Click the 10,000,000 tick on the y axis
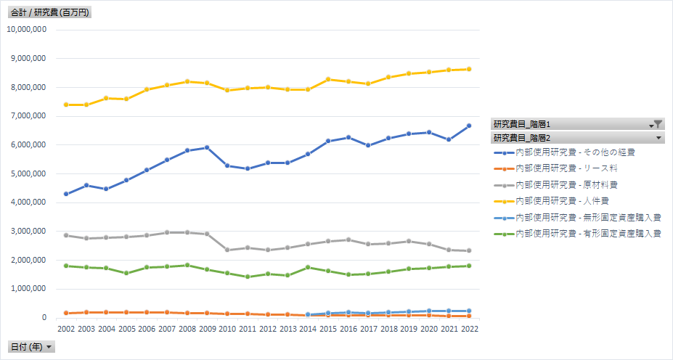(x=27, y=30)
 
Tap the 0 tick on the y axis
(x=44, y=318)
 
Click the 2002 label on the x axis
(x=65, y=329)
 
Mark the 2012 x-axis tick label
(x=269, y=329)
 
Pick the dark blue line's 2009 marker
(x=208, y=147)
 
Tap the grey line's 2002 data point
(x=65, y=235)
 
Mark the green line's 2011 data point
(x=248, y=277)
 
